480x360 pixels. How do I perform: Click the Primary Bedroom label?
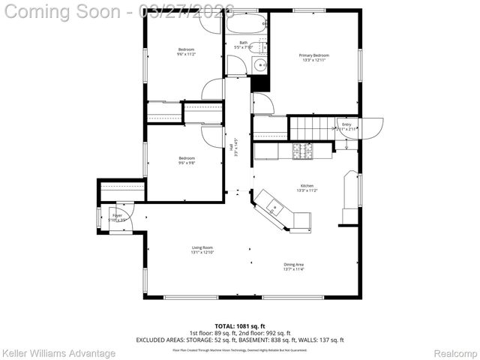pos(314,55)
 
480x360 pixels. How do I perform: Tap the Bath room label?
pos(244,43)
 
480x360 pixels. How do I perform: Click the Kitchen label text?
pos(307,185)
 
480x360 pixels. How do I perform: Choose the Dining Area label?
pos(293,264)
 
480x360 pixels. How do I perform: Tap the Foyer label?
pos(117,215)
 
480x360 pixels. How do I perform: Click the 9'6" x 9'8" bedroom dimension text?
pos(186,162)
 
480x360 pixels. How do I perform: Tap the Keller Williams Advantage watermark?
pos(58,352)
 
